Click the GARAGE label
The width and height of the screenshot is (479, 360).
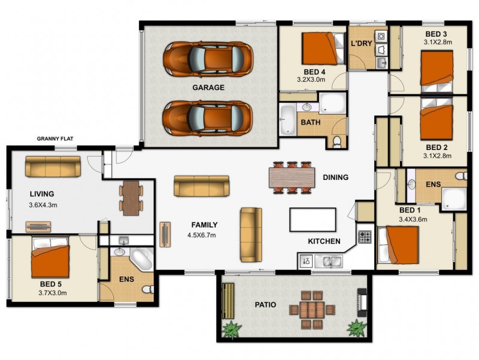[x=208, y=88]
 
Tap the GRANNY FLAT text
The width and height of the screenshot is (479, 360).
[x=55, y=139]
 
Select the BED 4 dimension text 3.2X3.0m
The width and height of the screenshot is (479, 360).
[x=311, y=80]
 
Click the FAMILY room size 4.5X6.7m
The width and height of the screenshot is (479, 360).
[x=202, y=235]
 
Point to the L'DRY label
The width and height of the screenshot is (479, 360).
[x=362, y=43]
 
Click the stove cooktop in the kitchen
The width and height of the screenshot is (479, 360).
[x=365, y=237]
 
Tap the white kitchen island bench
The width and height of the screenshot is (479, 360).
[x=313, y=220]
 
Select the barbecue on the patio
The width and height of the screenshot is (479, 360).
[x=362, y=302]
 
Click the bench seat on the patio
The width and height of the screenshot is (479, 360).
[x=228, y=301]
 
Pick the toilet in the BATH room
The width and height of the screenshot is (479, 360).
[x=336, y=142]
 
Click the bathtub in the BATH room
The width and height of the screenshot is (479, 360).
[x=287, y=119]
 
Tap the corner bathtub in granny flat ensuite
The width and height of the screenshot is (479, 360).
[x=141, y=259]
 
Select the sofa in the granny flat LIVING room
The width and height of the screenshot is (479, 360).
[x=53, y=167]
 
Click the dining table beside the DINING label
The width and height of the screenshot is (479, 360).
[x=292, y=178]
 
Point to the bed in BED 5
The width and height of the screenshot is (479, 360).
[x=50, y=257]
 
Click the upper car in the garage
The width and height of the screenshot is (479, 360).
[x=208, y=59]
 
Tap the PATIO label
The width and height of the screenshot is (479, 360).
[x=265, y=305]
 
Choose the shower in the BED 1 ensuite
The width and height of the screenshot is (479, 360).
[x=454, y=199]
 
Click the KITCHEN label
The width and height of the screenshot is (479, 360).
[x=324, y=242]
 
